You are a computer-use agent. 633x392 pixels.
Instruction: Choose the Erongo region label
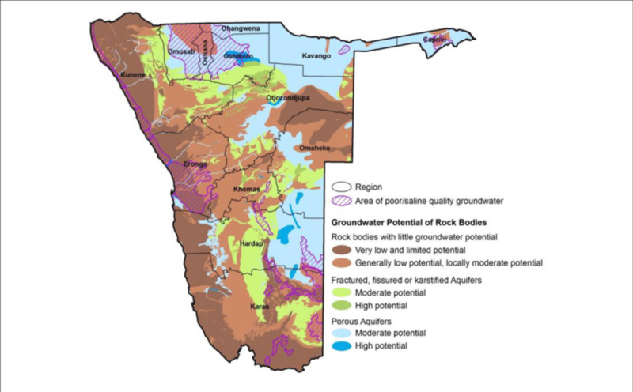tap(195, 164)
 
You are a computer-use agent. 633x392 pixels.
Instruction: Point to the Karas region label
tap(260, 305)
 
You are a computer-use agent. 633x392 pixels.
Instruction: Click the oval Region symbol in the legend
tap(339, 187)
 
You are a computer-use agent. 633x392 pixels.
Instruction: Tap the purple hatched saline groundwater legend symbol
tap(339, 201)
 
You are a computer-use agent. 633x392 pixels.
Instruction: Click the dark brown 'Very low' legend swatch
tap(339, 249)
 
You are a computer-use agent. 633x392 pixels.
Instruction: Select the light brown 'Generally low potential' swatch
tap(339, 262)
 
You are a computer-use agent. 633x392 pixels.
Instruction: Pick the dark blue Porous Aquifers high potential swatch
tap(339, 347)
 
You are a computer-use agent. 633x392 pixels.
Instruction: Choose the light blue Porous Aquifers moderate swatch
tap(339, 334)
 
